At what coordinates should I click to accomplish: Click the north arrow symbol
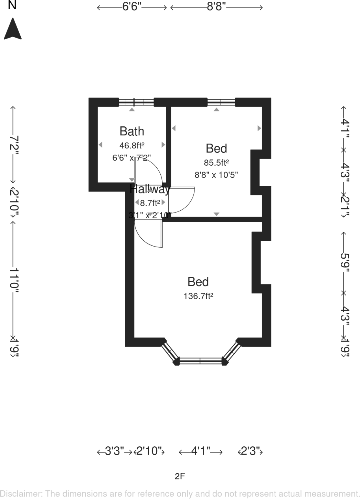coord(13,29)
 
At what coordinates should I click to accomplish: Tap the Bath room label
coord(132,131)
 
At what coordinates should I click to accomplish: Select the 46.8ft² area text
coord(132,145)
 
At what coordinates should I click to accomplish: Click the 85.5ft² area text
coord(216,162)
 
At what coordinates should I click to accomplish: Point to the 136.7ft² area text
coord(198,296)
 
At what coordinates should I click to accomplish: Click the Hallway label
coord(150,189)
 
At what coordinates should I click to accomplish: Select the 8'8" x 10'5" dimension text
coord(216,175)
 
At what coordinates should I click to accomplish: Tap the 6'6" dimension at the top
coord(132,7)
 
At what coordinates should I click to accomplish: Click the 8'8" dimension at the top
coord(216,7)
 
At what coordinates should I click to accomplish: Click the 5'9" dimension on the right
coord(345,262)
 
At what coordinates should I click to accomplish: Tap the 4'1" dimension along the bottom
coord(201,451)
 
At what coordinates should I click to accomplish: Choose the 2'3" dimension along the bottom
coord(251,451)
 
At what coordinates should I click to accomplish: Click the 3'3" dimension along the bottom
coord(114,451)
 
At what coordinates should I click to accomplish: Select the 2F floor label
coord(180,476)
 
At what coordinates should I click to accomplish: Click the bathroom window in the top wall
coord(136,102)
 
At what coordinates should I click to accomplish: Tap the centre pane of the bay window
coord(200,361)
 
